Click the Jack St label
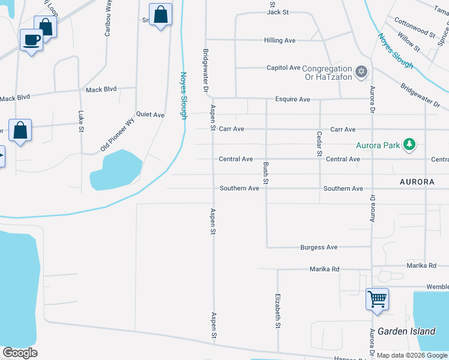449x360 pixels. click(278, 11)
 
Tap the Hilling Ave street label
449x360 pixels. click(280, 40)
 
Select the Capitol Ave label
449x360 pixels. click(283, 68)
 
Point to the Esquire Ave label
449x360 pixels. click(292, 99)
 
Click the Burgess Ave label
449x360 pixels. click(319, 247)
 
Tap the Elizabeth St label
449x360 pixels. click(278, 310)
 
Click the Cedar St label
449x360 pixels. click(319, 144)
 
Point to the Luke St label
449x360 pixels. click(81, 121)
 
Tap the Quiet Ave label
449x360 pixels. click(150, 115)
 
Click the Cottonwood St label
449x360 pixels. click(415, 28)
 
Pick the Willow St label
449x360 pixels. click(409, 41)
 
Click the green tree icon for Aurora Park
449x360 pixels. click(410, 144)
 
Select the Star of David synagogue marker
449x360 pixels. click(361, 72)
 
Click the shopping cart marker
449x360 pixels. click(377, 298)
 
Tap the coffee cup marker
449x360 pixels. click(31, 40)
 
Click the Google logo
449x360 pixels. click(20, 353)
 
